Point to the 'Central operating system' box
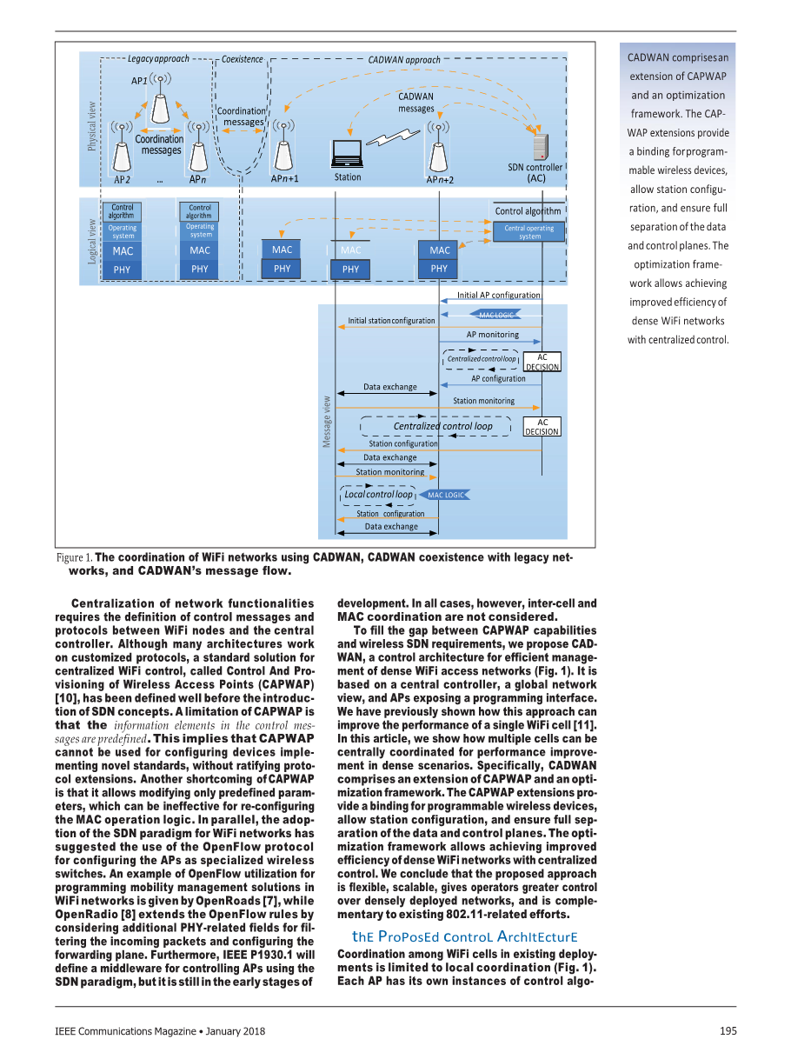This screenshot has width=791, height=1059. (x=528, y=232)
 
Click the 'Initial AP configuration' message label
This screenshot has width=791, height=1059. (x=498, y=295)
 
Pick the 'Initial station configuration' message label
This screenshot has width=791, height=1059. (x=391, y=321)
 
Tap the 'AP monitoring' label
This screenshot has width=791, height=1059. (x=492, y=335)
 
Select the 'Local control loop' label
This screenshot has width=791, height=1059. (x=378, y=495)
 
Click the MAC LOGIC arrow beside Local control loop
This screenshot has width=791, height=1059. (x=446, y=495)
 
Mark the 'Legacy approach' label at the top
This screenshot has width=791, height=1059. (x=158, y=59)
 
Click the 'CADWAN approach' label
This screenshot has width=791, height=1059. (x=403, y=60)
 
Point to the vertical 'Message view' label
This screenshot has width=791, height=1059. (x=327, y=423)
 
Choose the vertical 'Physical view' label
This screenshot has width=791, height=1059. (x=92, y=126)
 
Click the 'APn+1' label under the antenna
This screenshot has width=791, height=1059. (x=284, y=179)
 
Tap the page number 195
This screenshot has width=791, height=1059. (x=728, y=1031)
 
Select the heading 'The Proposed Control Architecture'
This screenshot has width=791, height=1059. (x=464, y=937)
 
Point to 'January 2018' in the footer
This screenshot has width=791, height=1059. (x=236, y=1031)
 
